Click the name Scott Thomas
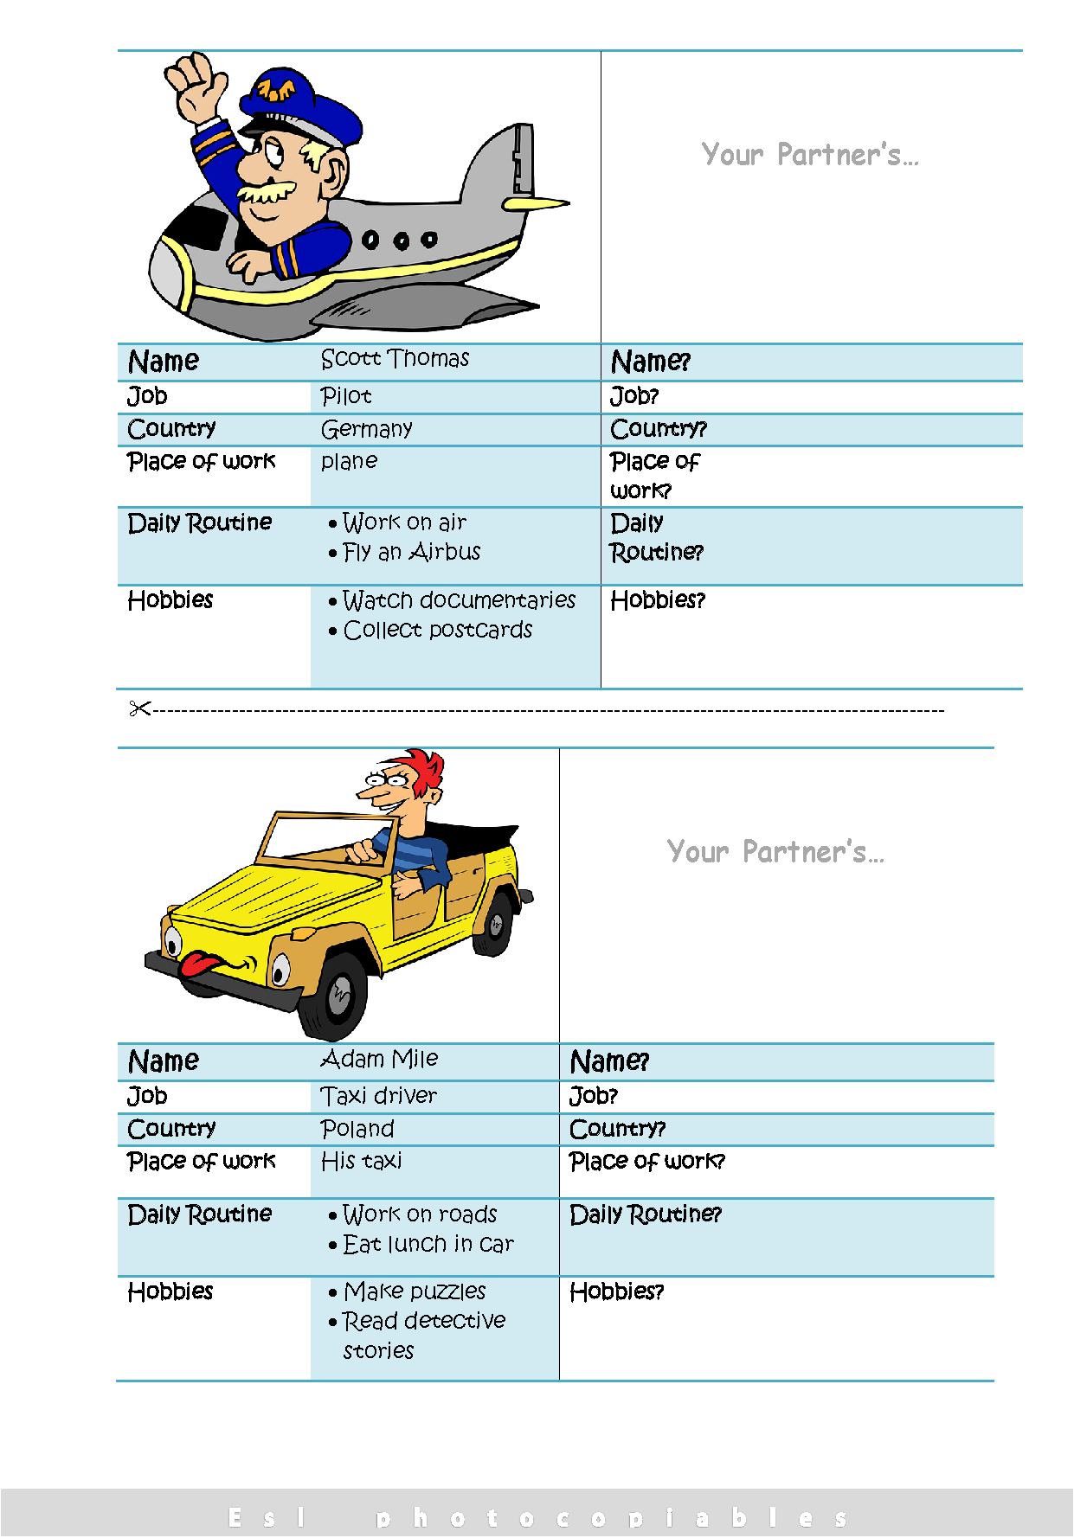pos(395,359)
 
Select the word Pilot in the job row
pos(346,396)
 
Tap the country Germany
pos(366,429)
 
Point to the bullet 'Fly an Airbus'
pos(411,552)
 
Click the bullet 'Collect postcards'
pos(437,631)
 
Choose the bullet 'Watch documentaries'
pos(458,600)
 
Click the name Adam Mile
pos(379,1060)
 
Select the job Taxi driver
pos(379,1096)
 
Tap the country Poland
pos(357,1129)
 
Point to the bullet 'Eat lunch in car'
pos(428,1245)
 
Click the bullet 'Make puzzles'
pos(415,1291)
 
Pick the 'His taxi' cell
pos(361,1161)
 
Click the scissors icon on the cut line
pos(139,709)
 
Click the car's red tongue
pos(201,964)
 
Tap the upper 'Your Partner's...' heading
pos(810,155)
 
